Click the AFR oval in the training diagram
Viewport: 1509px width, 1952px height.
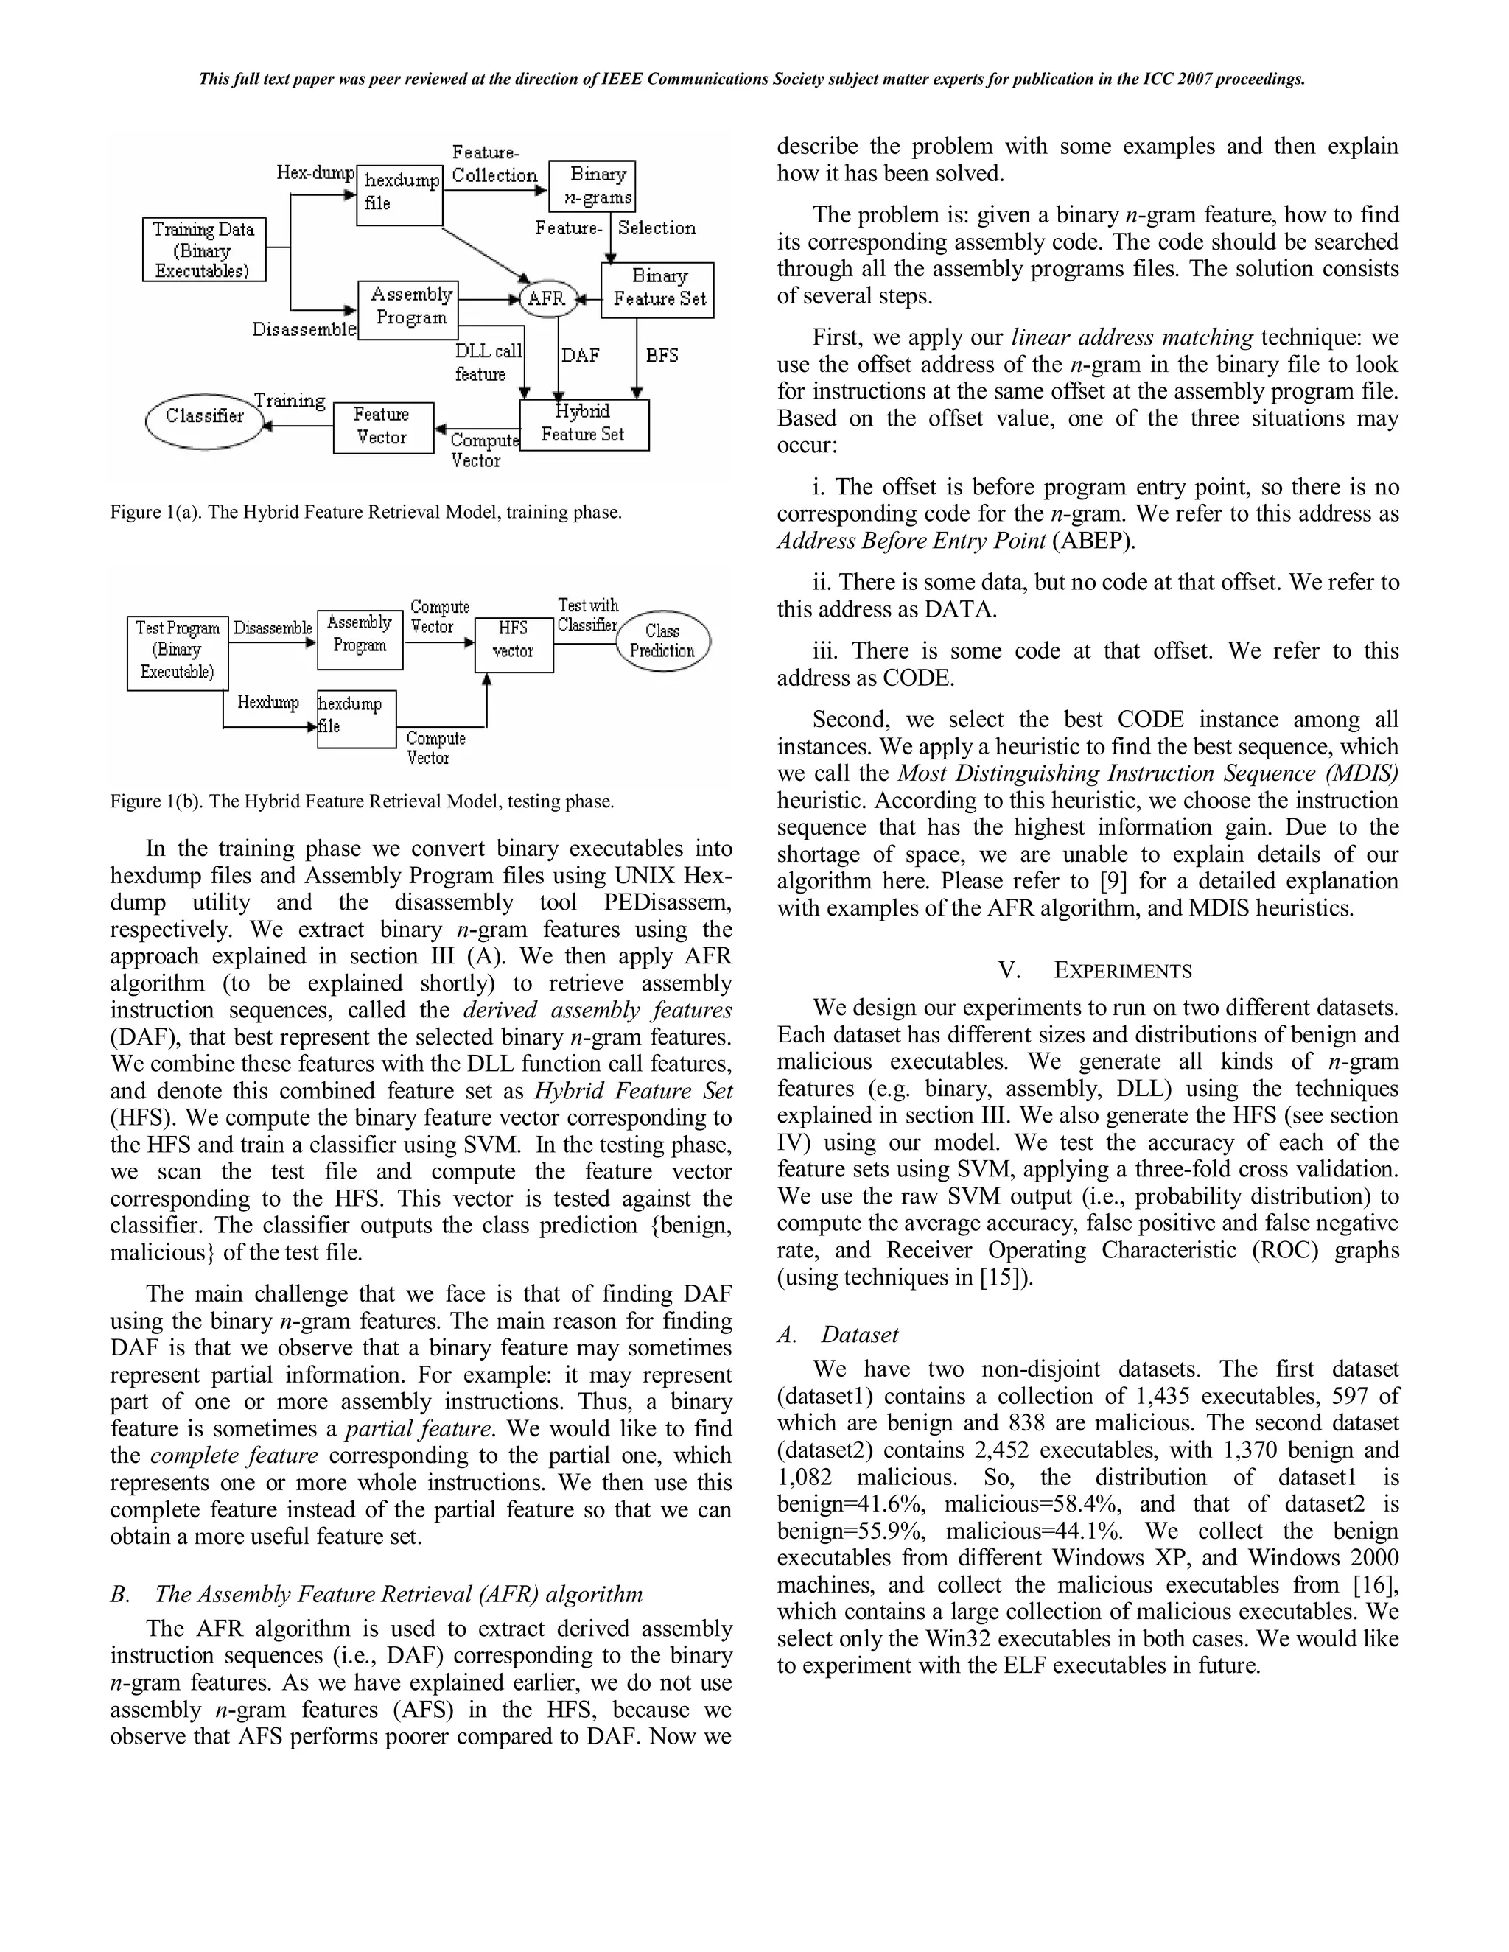pos(546,298)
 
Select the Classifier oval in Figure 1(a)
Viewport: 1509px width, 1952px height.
pos(205,416)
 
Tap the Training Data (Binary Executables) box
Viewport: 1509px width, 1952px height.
pos(204,250)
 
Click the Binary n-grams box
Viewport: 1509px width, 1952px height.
pos(592,186)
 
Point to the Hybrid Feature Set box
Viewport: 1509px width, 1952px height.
pos(584,424)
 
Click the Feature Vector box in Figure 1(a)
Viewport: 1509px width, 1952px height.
pos(382,427)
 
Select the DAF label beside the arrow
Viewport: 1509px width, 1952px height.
pos(580,356)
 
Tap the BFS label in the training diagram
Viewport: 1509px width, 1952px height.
pos(662,356)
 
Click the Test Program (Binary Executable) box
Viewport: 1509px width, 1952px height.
pos(178,653)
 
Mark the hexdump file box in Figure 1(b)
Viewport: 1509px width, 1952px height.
pos(356,717)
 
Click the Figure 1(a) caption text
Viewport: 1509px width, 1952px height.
pos(365,513)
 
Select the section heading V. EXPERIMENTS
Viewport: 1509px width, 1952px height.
pos(1095,971)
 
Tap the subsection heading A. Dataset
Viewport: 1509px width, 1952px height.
pos(838,1335)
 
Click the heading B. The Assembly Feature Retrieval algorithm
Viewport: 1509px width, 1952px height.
pos(377,1595)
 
